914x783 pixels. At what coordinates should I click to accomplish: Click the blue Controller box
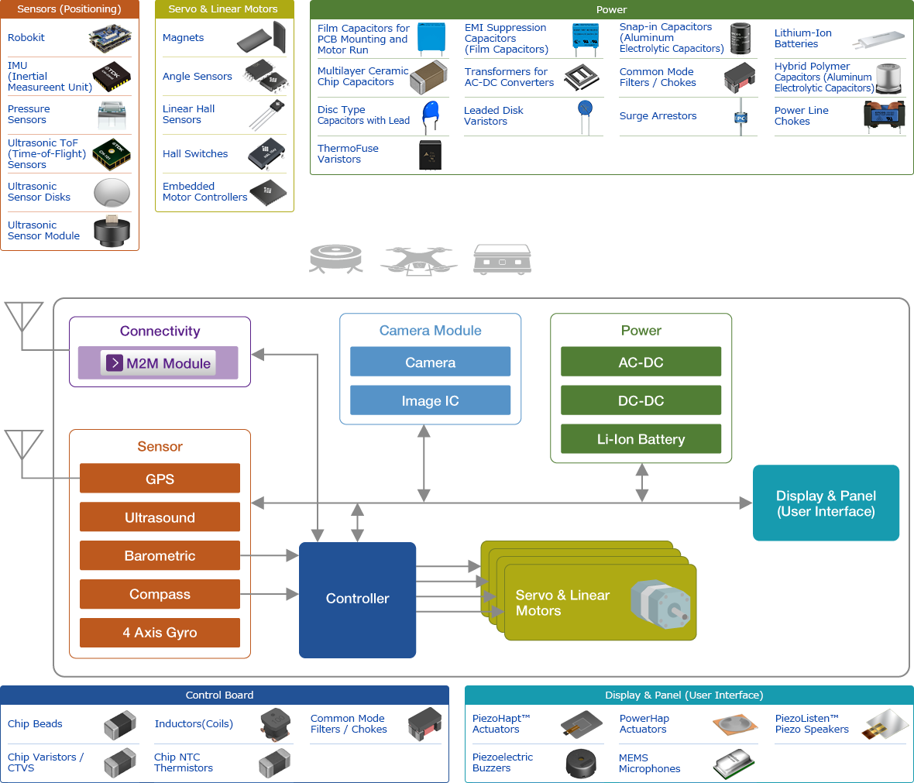[x=357, y=599]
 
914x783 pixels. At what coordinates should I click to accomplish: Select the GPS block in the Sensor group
[x=160, y=479]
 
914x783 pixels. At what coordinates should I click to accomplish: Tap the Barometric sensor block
[x=160, y=555]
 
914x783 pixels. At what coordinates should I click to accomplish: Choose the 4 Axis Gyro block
[x=160, y=632]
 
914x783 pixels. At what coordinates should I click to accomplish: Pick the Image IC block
[x=430, y=400]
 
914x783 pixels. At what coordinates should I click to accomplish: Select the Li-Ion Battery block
[x=641, y=439]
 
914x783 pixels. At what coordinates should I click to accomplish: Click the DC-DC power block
[x=641, y=400]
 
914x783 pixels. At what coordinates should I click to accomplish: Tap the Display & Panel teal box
[x=826, y=503]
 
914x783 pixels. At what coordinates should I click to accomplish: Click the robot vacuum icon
[x=335, y=258]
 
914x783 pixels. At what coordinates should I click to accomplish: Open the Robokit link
[x=26, y=38]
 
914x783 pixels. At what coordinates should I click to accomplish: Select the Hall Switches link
[x=195, y=154]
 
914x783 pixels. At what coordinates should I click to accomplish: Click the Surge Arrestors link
[x=658, y=116]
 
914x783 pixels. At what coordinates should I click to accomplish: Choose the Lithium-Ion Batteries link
[x=802, y=39]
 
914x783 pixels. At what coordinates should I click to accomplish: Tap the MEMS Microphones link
[x=649, y=764]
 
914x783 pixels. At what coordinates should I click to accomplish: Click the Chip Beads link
[x=35, y=724]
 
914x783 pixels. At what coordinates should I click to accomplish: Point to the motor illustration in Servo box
[x=659, y=603]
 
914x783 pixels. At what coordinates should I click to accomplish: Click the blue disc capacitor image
[x=431, y=117]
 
